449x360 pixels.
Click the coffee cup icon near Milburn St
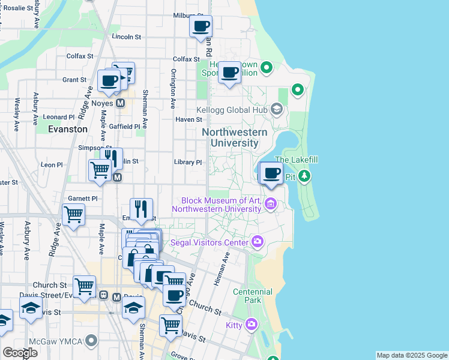coord(201,26)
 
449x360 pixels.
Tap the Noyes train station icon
coord(120,103)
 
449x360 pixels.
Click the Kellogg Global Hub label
coord(233,110)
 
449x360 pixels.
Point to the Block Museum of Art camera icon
coord(271,205)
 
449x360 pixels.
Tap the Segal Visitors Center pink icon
coord(258,242)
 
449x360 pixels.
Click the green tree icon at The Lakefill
coord(305,176)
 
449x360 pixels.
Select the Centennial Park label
coord(253,296)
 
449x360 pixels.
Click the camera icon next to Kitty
coord(251,325)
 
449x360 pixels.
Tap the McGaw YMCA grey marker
coord(91,341)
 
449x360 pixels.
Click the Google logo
coord(20,353)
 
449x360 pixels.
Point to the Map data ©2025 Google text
coord(411,355)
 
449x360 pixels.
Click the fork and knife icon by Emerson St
coord(141,209)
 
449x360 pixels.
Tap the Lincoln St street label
coord(126,37)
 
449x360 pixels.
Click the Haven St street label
coord(188,119)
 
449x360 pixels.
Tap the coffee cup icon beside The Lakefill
coord(272,173)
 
